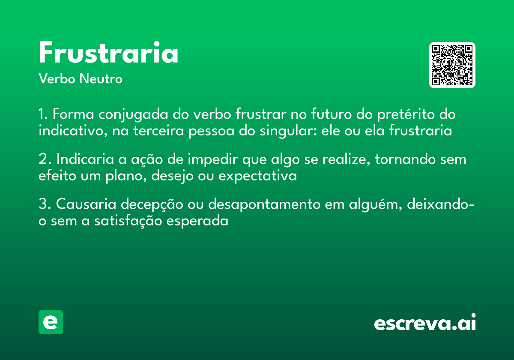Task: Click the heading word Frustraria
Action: pyautogui.click(x=108, y=54)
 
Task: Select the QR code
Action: pyautogui.click(x=452, y=65)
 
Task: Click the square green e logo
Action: pyautogui.click(x=51, y=322)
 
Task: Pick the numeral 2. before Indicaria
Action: pyautogui.click(x=45, y=159)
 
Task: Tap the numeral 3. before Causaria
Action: pyautogui.click(x=45, y=204)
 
